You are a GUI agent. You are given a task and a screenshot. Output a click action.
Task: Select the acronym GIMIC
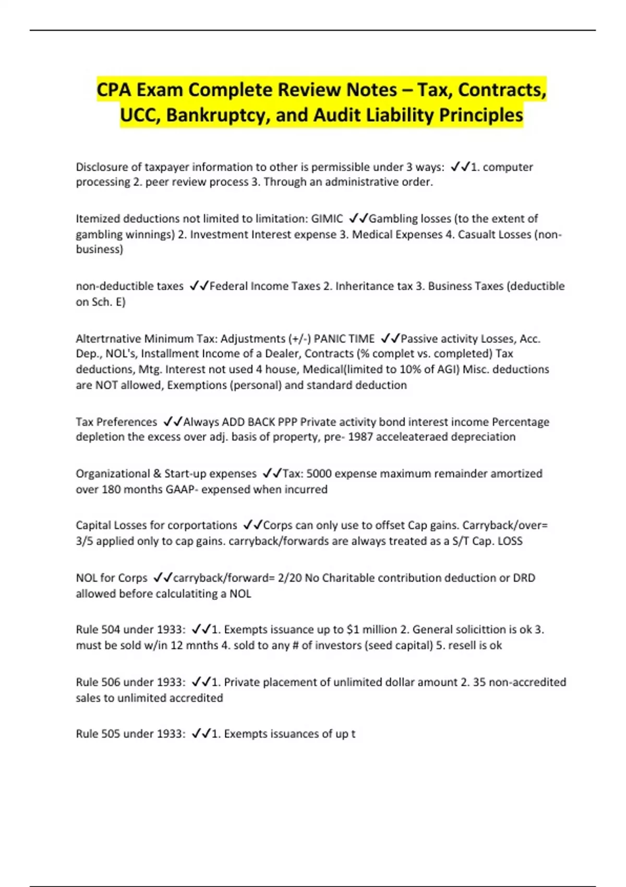tap(327, 219)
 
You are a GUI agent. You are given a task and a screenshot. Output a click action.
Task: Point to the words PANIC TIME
tap(344, 339)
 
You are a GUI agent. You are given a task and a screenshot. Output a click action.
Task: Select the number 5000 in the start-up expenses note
tap(318, 474)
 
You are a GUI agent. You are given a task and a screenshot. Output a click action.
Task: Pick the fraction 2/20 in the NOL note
tap(290, 578)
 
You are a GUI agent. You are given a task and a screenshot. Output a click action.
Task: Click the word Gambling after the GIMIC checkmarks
tap(391, 219)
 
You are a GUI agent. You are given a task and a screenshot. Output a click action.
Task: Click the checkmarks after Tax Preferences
tap(173, 422)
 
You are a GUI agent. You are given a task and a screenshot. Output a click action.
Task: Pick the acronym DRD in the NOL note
tap(524, 578)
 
